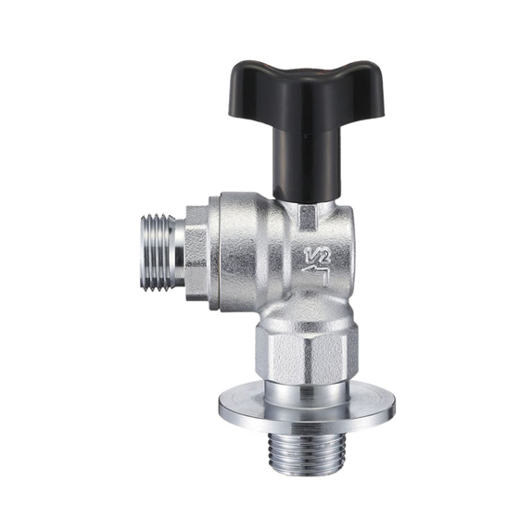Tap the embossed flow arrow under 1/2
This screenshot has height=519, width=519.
[316, 273]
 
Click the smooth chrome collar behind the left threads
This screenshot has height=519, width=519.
[180, 252]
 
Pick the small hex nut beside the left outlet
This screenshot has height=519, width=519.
[196, 253]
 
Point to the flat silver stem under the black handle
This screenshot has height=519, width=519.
[308, 219]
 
